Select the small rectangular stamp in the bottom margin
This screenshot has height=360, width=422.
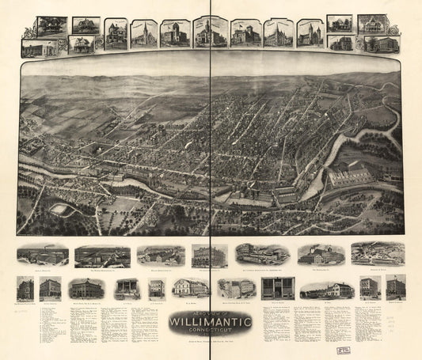344,347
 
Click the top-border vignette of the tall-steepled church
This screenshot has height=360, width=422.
143,34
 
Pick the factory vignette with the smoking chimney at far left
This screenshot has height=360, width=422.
42,255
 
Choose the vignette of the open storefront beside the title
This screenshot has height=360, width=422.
277,288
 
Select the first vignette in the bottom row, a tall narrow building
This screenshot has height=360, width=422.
25,288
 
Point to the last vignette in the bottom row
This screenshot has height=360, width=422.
395,286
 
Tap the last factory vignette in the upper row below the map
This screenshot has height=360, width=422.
378,253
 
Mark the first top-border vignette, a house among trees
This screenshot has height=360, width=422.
51,26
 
